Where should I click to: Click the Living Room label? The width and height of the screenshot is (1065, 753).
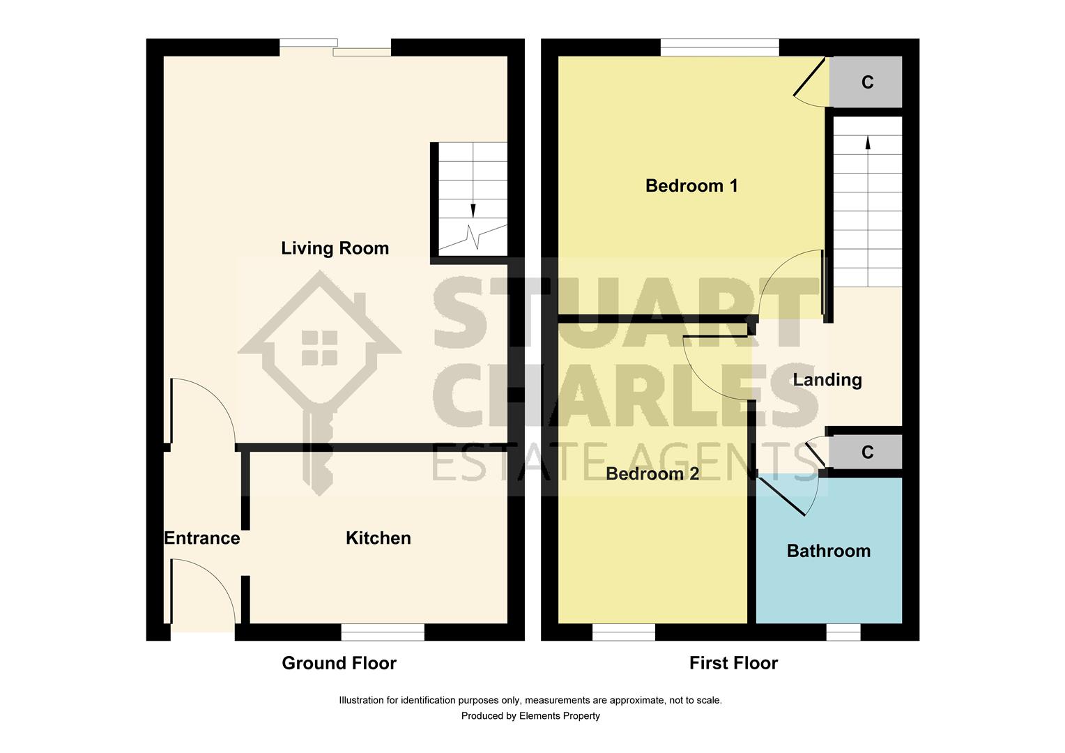(x=335, y=248)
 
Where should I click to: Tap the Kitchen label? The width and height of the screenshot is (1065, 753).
(x=378, y=538)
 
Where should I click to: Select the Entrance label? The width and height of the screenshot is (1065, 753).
(x=201, y=538)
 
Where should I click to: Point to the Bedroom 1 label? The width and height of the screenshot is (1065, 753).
(x=691, y=185)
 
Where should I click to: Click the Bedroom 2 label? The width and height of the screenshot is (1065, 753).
(x=652, y=474)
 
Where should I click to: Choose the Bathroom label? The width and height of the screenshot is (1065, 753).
(x=828, y=551)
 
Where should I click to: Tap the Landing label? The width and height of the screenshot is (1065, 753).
(x=827, y=379)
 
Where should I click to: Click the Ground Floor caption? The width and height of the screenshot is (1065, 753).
(x=339, y=663)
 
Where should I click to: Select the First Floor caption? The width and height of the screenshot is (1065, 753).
(x=733, y=663)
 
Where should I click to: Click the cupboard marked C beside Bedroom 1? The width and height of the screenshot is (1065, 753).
(x=866, y=82)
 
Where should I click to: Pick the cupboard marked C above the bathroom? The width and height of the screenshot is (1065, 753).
(x=866, y=452)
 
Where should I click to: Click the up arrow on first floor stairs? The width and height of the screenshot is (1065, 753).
(x=868, y=142)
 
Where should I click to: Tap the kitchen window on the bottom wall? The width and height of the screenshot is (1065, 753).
(x=383, y=632)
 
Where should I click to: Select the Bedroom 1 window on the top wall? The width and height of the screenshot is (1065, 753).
(x=719, y=47)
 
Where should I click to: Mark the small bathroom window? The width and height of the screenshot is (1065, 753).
(x=843, y=632)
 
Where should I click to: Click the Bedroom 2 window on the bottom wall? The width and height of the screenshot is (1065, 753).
(x=624, y=632)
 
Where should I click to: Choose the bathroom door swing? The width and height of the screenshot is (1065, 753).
(x=795, y=495)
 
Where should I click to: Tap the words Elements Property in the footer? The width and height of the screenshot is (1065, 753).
(x=559, y=715)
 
